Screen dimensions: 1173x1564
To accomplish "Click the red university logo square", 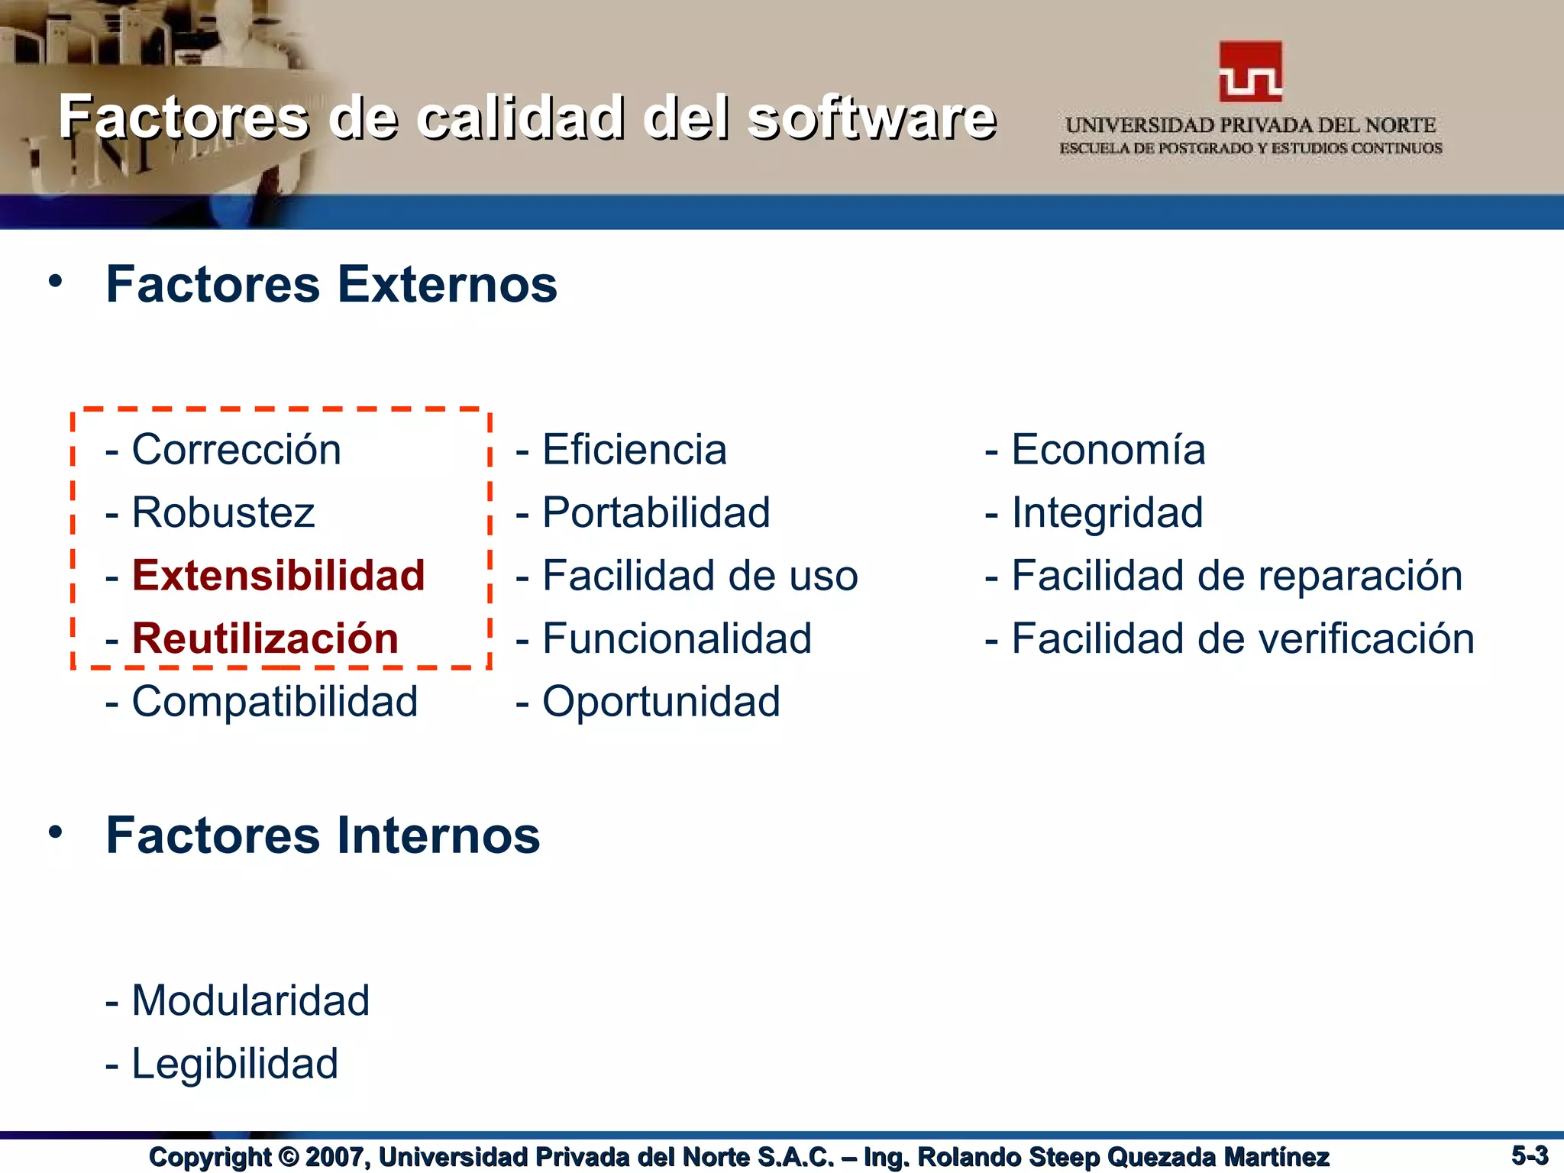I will point(1250,72).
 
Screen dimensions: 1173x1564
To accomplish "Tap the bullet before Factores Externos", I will point(55,282).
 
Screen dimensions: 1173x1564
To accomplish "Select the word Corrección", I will point(236,449).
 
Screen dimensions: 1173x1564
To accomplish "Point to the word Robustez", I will point(223,512).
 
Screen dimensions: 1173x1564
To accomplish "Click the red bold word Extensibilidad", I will point(278,576).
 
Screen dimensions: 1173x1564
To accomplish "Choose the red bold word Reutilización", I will point(265,639).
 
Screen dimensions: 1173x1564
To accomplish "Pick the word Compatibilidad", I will point(275,702).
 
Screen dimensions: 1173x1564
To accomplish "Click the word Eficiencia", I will point(634,449).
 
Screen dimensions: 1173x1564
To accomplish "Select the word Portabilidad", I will point(656,512).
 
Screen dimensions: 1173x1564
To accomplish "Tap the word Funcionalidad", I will point(677,639).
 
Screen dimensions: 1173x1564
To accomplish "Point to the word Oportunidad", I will point(661,702).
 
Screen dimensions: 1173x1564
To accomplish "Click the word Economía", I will point(1108,449).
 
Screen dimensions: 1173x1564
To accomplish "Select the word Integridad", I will point(1107,512).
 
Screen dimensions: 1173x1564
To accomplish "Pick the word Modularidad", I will point(250,1000).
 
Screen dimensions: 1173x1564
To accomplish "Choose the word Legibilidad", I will point(234,1064).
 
